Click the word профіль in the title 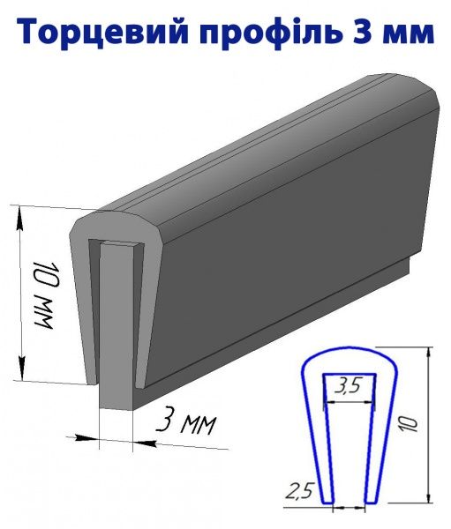[x=269, y=32]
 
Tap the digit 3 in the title [x=363, y=32]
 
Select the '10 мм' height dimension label [x=44, y=298]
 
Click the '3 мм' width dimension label [x=185, y=422]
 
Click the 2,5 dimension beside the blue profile [x=300, y=490]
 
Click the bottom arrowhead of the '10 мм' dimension [x=23, y=369]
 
